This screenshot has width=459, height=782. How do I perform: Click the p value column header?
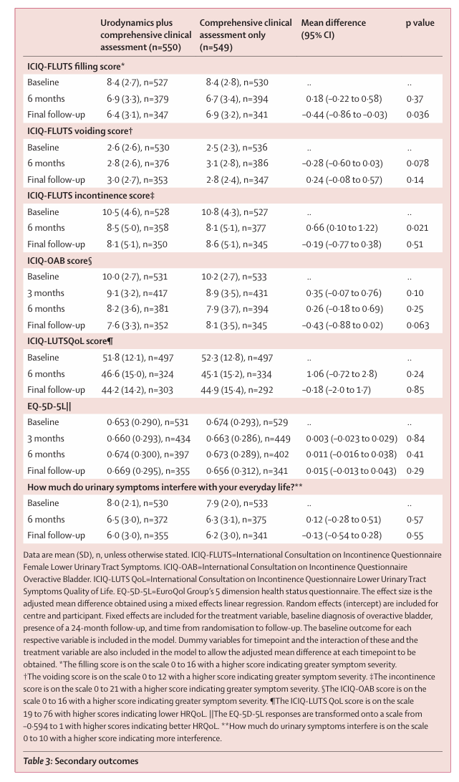tap(420, 23)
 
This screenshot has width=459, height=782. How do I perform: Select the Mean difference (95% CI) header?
tap(334, 29)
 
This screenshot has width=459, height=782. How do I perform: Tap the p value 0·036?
tap(417, 115)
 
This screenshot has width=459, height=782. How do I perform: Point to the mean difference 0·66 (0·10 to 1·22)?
tap(342, 228)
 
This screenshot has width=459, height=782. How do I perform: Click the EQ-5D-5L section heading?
tap(49, 406)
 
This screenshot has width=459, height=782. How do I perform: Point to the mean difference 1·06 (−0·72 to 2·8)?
tap(342, 374)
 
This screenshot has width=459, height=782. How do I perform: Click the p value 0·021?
tap(417, 228)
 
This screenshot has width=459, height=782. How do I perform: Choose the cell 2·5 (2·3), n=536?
tap(237, 148)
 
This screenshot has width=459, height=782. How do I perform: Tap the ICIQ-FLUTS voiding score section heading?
tap(79, 131)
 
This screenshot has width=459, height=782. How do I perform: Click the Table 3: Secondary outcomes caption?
tap(81, 760)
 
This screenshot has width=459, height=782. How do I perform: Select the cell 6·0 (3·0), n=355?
tap(137, 535)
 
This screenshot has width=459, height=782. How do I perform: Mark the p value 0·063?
tap(417, 325)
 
